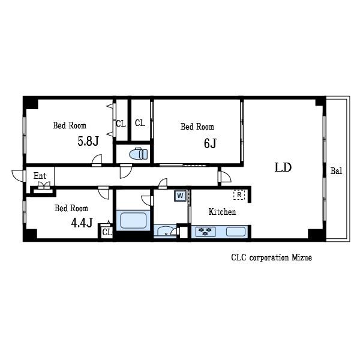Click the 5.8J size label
click(x=88, y=141)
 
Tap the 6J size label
click(x=210, y=143)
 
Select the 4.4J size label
click(x=82, y=223)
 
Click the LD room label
click(x=283, y=167)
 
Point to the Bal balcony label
click(x=336, y=171)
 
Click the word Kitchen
click(x=222, y=212)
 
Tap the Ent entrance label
click(x=40, y=176)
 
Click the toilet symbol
click(x=139, y=154)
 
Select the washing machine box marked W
click(x=180, y=196)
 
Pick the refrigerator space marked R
click(x=239, y=194)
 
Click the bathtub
click(x=133, y=220)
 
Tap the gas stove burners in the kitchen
click(x=205, y=232)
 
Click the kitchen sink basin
click(x=236, y=232)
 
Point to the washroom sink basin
click(x=166, y=231)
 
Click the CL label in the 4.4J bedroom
click(x=107, y=232)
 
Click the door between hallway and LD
click(x=225, y=176)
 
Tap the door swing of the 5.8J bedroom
click(x=97, y=159)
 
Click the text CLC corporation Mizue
click(x=271, y=257)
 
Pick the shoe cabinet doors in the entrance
click(x=44, y=185)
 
